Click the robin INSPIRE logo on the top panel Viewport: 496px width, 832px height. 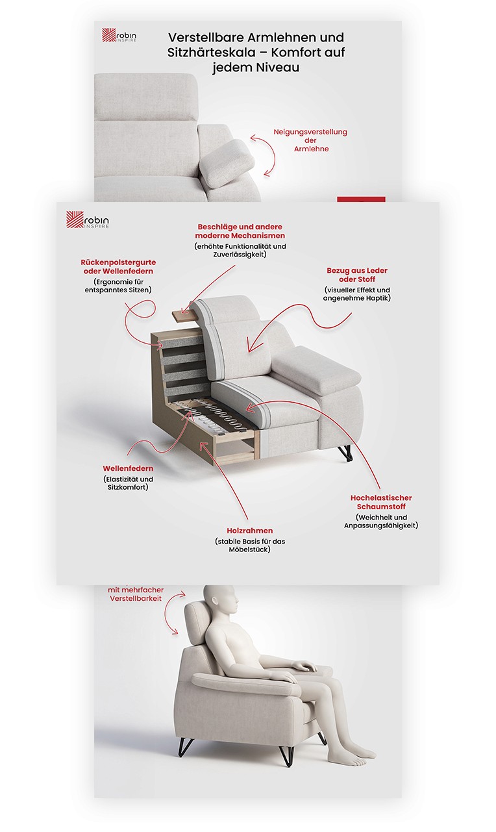tap(119, 35)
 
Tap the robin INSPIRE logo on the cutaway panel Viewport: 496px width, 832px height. tap(88, 220)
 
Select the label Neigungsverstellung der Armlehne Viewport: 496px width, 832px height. tap(310, 140)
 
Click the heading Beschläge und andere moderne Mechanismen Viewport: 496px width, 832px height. tap(240, 231)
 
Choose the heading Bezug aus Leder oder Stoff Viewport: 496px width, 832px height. tap(357, 275)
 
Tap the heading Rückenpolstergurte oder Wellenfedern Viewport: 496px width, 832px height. tap(118, 267)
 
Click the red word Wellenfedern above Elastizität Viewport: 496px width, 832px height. tap(128, 468)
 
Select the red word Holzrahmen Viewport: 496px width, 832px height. tap(250, 531)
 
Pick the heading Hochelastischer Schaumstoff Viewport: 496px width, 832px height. tap(381, 502)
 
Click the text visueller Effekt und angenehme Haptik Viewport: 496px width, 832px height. tap(357, 294)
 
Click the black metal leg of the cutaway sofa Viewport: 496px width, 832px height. tap(345, 453)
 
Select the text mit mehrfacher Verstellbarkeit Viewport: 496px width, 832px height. tap(136, 594)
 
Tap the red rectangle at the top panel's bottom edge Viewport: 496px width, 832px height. tap(361, 199)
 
